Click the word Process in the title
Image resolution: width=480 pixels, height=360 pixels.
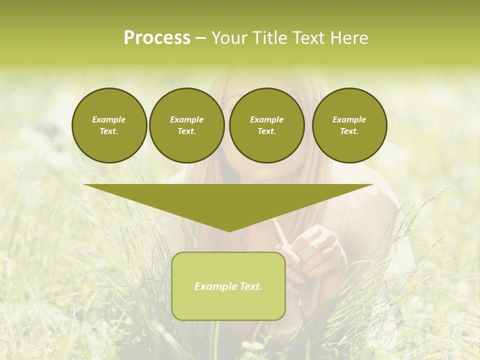click(x=157, y=38)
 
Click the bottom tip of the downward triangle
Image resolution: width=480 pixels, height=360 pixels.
click(x=229, y=230)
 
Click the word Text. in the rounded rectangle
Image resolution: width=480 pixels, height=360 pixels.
click(x=251, y=286)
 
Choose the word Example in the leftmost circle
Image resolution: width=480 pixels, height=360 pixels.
click(x=109, y=119)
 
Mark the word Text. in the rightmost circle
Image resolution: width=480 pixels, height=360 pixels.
click(x=349, y=131)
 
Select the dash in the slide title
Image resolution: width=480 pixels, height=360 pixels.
click(x=201, y=38)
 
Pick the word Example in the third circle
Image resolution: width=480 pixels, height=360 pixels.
click(x=266, y=119)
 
